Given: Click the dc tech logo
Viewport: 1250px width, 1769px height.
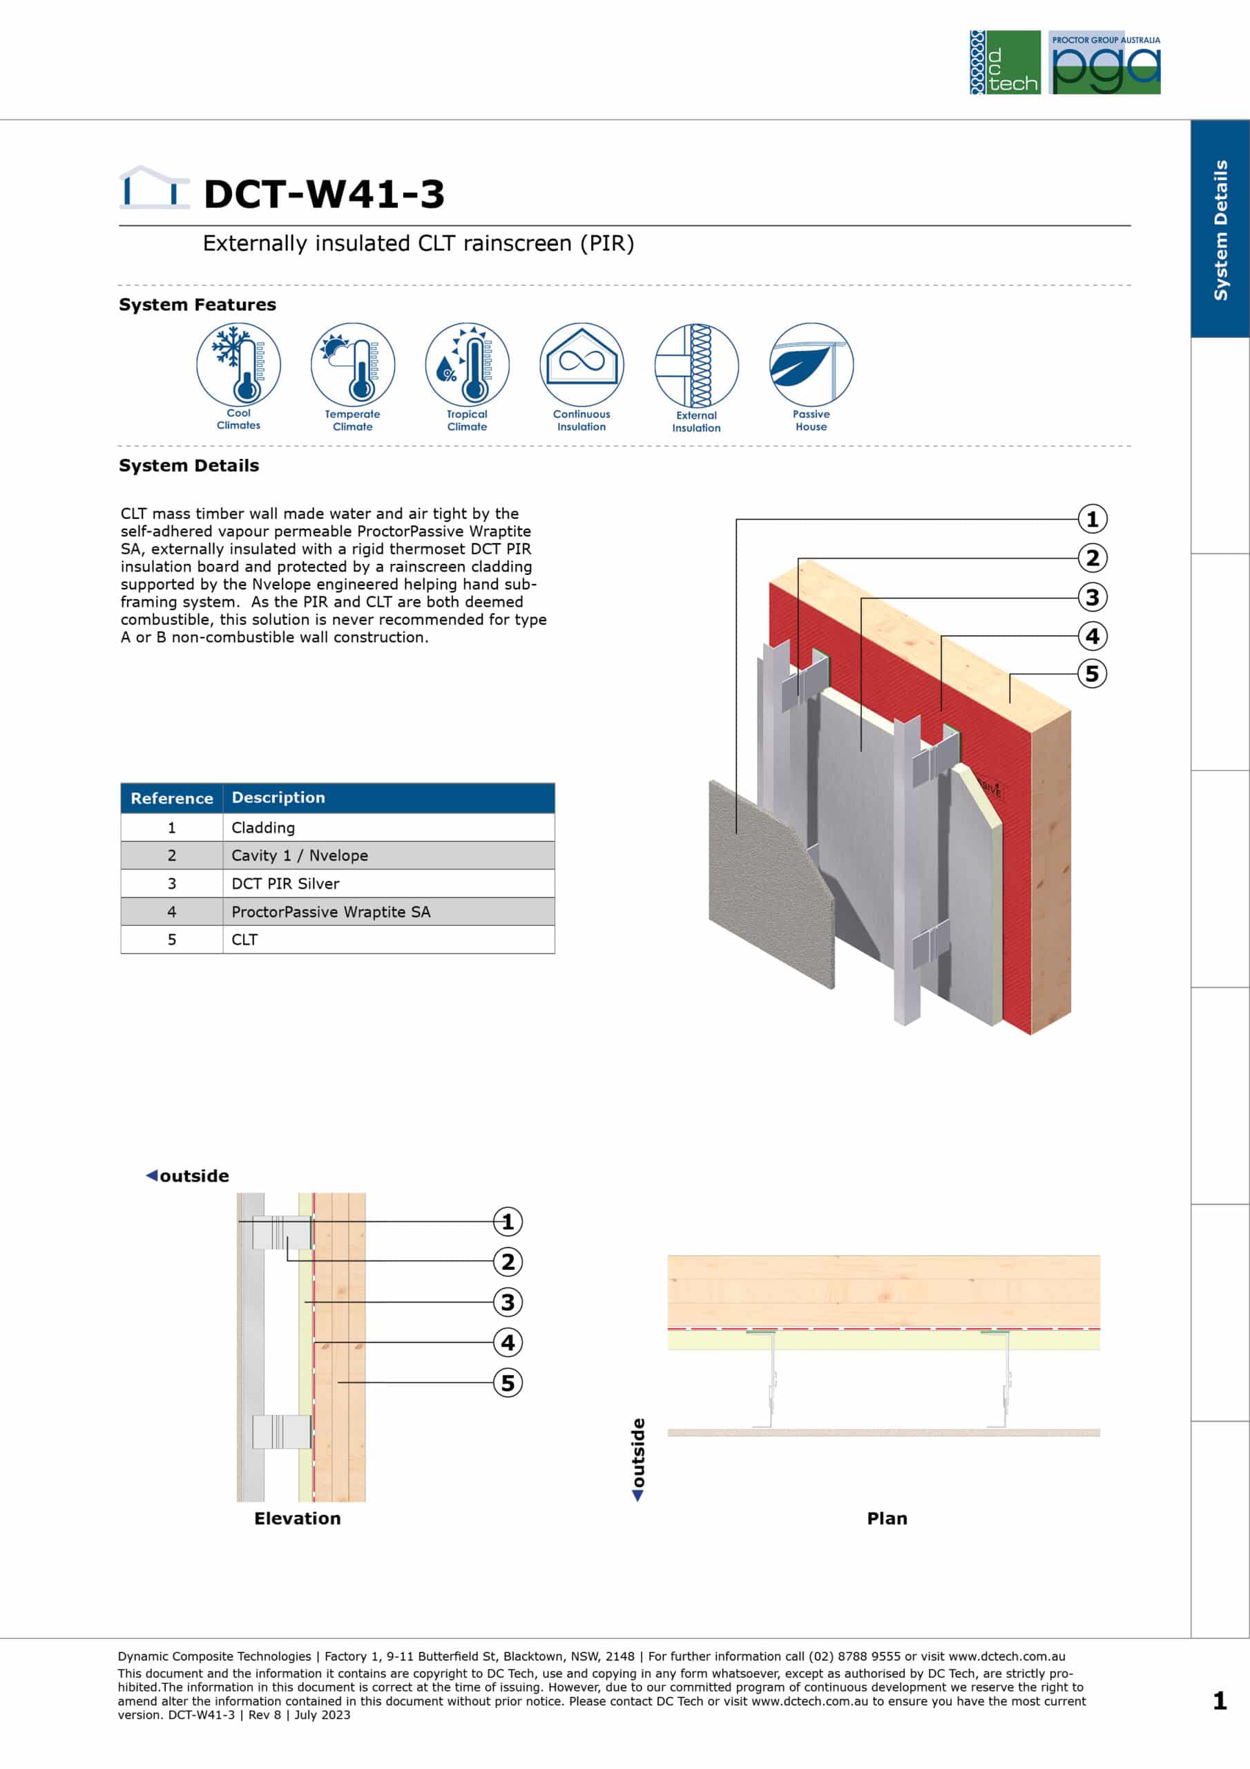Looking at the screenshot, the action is (x=1005, y=62).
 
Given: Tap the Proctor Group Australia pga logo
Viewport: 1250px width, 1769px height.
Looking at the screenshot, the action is (x=1104, y=62).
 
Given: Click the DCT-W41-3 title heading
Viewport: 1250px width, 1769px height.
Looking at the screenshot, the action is (x=325, y=193).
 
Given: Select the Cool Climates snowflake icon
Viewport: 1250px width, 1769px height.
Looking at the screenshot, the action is (x=239, y=363).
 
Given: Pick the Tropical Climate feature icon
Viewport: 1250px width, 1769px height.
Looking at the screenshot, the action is (x=468, y=363).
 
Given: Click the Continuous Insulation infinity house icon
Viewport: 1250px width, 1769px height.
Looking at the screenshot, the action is (x=581, y=363).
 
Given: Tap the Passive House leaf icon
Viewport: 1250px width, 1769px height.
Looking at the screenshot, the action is (x=811, y=363).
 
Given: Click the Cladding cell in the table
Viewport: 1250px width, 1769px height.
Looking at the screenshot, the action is (x=389, y=827).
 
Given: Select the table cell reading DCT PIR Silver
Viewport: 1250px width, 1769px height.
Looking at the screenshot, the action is (x=389, y=884).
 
